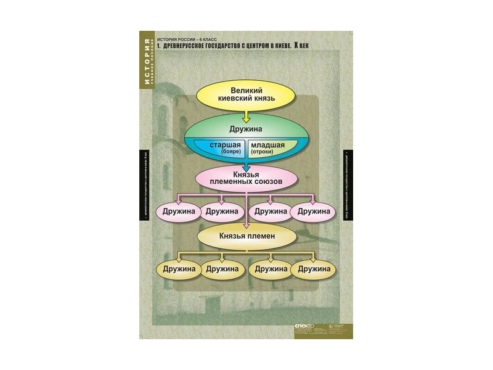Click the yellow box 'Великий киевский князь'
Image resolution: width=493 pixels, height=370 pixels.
(246, 94)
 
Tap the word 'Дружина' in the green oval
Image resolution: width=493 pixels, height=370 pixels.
(246, 129)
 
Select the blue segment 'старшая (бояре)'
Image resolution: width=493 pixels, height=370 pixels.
(220, 148)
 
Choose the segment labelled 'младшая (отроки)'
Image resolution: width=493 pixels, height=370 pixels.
(272, 148)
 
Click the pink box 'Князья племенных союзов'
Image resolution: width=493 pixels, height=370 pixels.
(246, 179)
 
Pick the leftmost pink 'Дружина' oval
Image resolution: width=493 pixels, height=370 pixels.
(179, 212)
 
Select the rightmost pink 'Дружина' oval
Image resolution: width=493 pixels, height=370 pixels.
(314, 212)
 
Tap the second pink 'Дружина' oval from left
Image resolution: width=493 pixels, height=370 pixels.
(222, 212)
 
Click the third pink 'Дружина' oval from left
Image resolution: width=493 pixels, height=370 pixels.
(271, 212)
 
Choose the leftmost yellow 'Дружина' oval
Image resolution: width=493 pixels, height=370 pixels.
(179, 269)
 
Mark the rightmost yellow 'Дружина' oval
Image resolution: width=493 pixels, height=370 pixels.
(314, 269)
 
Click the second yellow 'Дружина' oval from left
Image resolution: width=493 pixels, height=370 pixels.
(222, 269)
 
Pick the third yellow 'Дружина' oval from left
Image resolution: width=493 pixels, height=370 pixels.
(271, 269)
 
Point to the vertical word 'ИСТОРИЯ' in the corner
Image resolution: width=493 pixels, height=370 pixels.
(147, 60)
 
